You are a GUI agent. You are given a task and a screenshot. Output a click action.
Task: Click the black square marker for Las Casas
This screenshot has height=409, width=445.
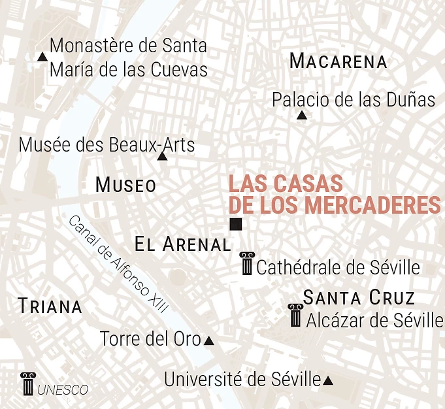(x=236, y=225)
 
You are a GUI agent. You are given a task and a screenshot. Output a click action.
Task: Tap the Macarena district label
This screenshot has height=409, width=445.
(x=338, y=62)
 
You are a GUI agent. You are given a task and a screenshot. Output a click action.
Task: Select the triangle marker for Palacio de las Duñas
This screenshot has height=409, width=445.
(x=301, y=116)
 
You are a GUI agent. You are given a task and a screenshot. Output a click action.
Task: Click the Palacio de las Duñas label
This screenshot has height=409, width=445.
(x=353, y=100)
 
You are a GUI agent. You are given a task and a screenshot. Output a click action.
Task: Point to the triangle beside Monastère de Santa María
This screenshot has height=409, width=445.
(x=42, y=57)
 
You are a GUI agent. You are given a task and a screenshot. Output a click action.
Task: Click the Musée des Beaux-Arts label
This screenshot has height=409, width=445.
(x=107, y=144)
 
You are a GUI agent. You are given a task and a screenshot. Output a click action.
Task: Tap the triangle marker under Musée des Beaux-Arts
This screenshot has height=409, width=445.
(x=162, y=156)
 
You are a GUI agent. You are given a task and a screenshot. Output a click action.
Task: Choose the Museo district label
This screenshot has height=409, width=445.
(x=125, y=186)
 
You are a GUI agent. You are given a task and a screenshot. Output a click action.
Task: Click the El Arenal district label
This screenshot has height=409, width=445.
(x=182, y=245)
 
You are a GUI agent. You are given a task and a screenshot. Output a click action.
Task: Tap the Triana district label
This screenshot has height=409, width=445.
(x=50, y=306)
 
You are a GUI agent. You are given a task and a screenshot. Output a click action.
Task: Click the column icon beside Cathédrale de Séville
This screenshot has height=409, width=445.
(x=247, y=263)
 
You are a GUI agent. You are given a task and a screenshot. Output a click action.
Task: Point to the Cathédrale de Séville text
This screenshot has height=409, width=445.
(x=338, y=267)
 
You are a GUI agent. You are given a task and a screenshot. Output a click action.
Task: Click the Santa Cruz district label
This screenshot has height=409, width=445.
(x=359, y=299)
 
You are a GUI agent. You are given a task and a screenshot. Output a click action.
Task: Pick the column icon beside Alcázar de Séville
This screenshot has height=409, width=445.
(x=295, y=316)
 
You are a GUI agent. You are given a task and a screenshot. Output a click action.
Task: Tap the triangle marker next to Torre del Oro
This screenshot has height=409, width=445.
(x=209, y=340)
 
